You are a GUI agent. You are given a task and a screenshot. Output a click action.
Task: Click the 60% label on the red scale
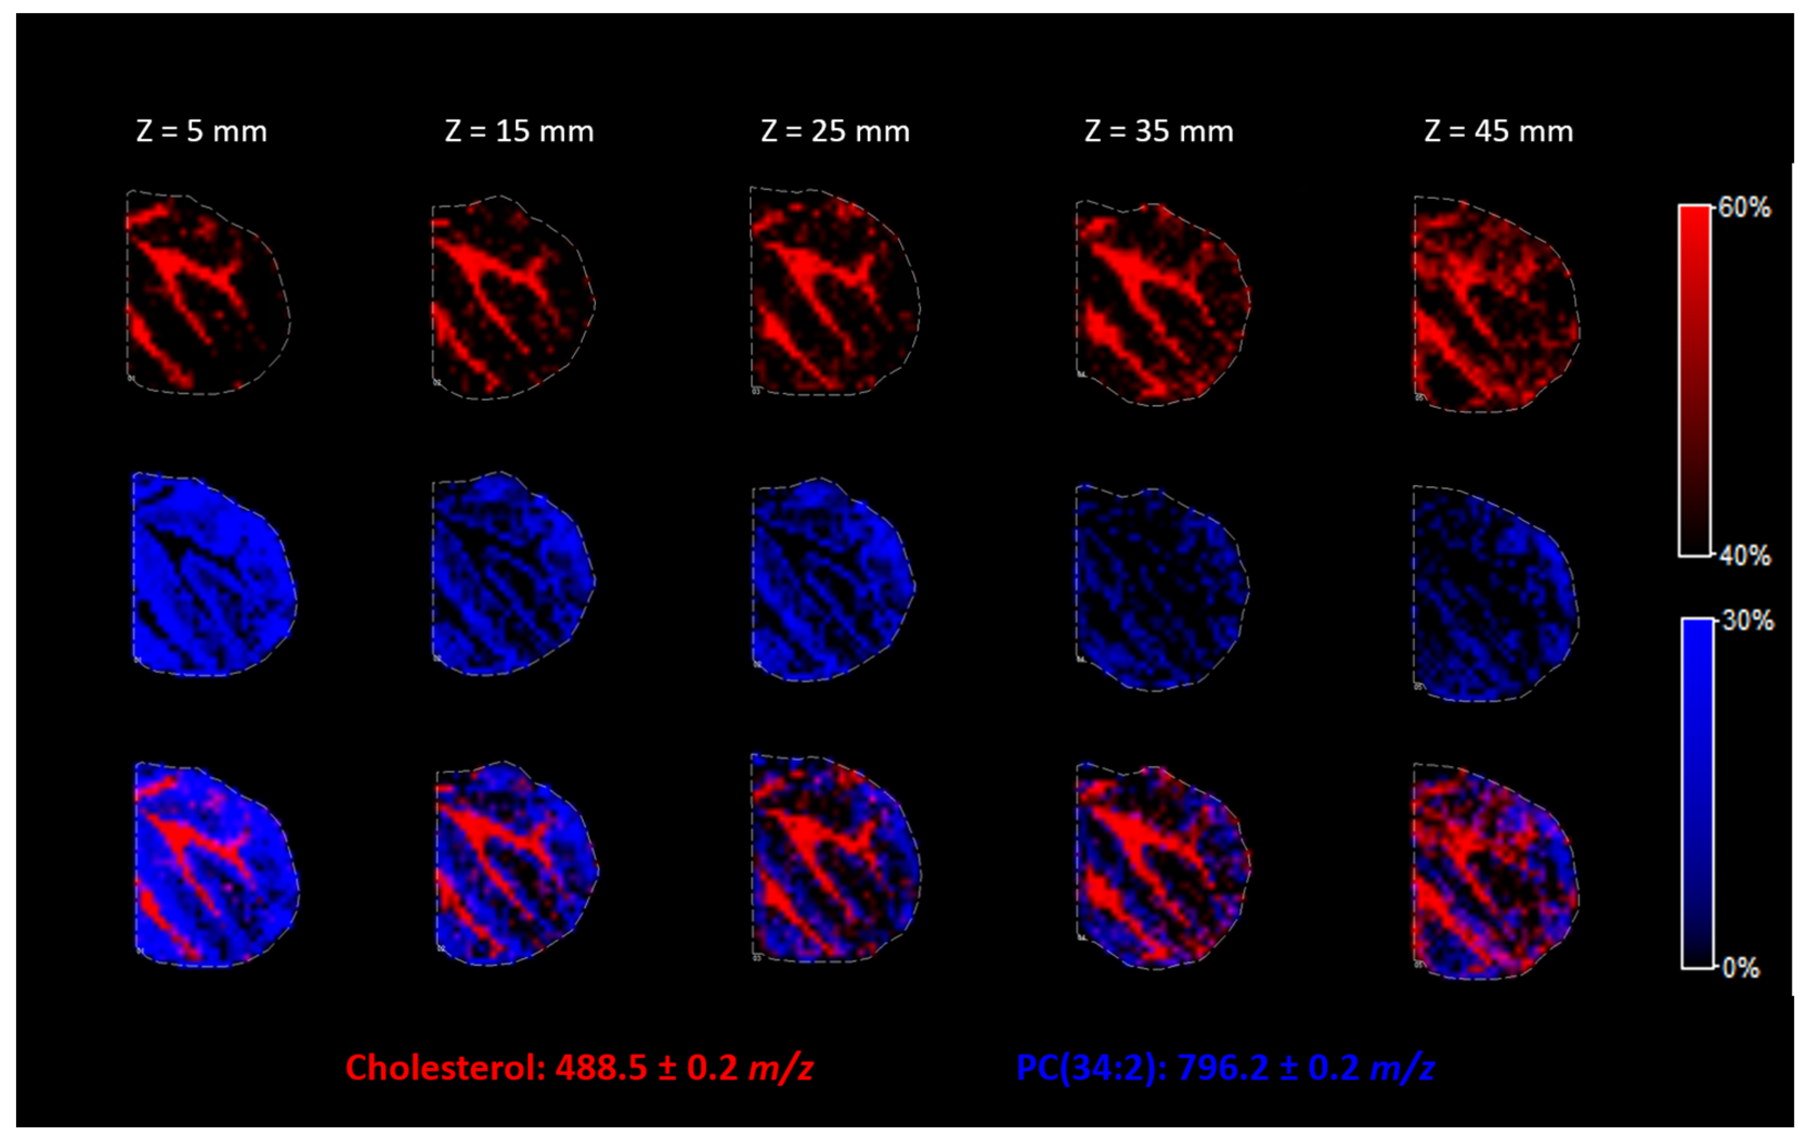pos(1745,208)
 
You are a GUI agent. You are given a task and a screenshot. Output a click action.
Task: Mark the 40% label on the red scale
pos(1745,557)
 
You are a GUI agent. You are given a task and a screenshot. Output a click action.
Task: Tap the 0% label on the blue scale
pos(1742,967)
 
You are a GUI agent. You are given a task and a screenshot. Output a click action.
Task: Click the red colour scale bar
pos(1694,381)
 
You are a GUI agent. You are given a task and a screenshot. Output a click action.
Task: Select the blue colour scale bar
pos(1697,793)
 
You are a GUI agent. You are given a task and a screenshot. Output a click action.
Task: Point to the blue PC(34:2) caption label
pos(1090,1068)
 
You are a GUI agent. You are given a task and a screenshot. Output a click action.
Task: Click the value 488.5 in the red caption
pos(601,1068)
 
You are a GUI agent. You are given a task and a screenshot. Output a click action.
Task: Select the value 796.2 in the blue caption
pos(1222,1068)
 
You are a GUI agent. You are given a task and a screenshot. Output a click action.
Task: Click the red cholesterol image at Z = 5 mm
pos(207,293)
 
